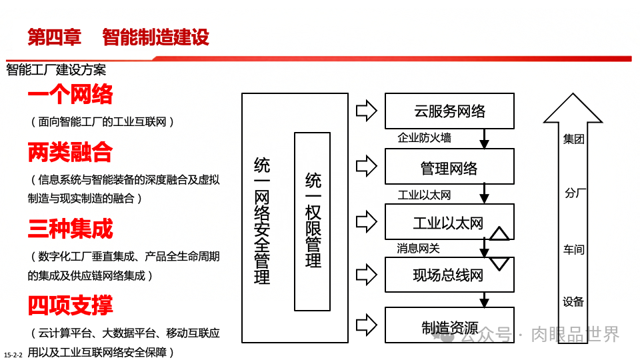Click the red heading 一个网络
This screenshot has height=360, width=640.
(70, 95)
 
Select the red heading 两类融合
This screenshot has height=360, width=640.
(70, 153)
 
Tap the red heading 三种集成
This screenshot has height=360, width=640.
(70, 229)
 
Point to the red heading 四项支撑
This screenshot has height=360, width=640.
(70, 305)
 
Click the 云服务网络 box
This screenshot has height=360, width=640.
(449, 111)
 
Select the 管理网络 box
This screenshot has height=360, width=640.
(449, 167)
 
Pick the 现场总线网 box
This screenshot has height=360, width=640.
(449, 274)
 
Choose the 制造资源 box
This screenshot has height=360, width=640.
(449, 327)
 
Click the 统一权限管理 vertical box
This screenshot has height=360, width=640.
(312, 221)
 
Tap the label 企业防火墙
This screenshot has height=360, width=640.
(424, 138)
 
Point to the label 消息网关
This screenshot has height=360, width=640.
(418, 248)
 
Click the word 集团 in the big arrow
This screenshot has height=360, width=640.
(573, 139)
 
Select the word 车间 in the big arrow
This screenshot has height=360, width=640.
(573, 249)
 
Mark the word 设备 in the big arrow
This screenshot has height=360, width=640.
(573, 301)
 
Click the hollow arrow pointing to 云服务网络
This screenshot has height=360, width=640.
(366, 111)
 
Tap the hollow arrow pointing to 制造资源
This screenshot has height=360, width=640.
(366, 327)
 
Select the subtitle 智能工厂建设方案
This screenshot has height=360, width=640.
(56, 69)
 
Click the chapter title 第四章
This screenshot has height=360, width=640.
(54, 37)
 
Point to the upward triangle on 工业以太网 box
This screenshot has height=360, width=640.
(500, 233)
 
